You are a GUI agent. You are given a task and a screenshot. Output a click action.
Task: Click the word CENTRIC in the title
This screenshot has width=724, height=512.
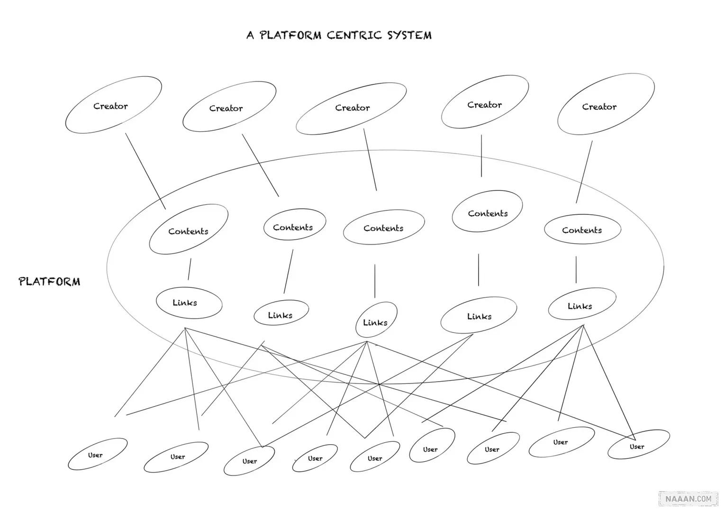click(354, 35)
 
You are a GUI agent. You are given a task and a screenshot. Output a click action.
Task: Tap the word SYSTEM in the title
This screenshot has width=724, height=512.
click(409, 35)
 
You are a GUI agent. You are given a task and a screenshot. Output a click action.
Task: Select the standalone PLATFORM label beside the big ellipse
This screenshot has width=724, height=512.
click(49, 282)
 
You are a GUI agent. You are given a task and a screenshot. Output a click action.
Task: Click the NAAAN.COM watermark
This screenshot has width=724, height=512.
click(688, 499)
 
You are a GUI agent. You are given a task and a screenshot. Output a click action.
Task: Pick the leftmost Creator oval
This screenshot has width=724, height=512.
click(113, 105)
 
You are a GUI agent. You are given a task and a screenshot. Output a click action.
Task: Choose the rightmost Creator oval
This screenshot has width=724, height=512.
click(606, 104)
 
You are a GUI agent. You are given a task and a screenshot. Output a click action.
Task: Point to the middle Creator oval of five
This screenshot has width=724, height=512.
click(351, 109)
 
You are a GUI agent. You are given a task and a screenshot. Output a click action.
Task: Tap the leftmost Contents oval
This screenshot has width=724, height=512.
click(189, 229)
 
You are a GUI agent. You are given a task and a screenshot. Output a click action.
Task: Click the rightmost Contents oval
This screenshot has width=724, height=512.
click(582, 230)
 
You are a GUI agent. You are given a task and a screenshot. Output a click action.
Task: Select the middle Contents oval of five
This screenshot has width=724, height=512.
click(384, 228)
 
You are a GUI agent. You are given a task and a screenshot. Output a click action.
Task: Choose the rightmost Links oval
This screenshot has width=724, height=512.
click(582, 304)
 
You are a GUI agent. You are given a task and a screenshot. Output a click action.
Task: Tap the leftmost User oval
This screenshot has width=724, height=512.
click(98, 454)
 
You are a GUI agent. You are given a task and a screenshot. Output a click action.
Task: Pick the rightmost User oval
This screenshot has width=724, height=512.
click(638, 445)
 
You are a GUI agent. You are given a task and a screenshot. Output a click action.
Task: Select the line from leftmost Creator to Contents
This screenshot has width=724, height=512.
click(145, 171)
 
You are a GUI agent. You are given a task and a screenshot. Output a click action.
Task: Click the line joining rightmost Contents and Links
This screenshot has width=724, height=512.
click(576, 270)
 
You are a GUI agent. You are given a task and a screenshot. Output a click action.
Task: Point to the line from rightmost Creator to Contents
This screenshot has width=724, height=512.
click(584, 172)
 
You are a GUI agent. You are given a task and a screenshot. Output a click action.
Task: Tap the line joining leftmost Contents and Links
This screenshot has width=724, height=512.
click(190, 269)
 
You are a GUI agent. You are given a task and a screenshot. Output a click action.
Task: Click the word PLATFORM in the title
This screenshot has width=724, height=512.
click(290, 35)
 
